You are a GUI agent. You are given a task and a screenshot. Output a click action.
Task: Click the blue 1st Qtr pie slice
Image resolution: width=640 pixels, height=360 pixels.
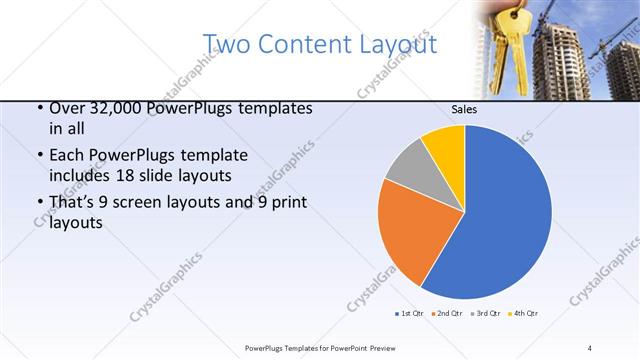click(x=500, y=215)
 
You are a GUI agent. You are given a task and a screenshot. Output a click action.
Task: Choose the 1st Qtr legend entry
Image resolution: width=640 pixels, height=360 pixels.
click(x=409, y=313)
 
